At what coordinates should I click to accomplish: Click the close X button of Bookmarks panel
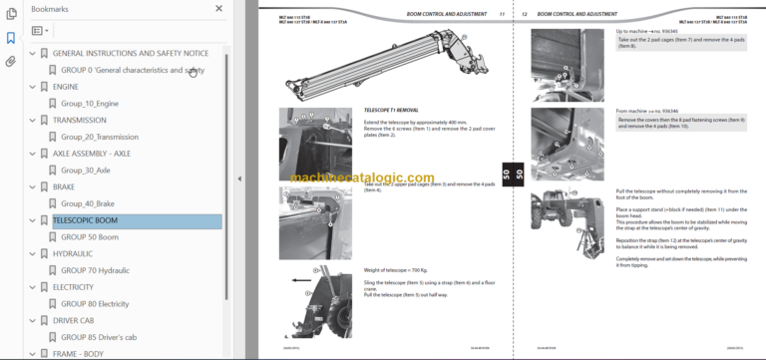click(x=218, y=9)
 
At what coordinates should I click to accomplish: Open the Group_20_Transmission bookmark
click(x=99, y=137)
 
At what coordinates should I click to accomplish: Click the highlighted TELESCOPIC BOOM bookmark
click(x=85, y=220)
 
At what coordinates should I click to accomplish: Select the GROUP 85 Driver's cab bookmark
click(x=104, y=337)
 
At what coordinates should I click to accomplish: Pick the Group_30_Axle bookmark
click(x=86, y=171)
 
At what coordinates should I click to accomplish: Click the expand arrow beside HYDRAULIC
click(x=31, y=254)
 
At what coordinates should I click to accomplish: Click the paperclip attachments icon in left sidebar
click(x=10, y=61)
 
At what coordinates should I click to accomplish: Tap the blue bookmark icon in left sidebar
click(x=10, y=38)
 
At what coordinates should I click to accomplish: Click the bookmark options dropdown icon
click(x=40, y=31)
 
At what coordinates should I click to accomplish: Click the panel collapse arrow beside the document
click(x=238, y=179)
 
